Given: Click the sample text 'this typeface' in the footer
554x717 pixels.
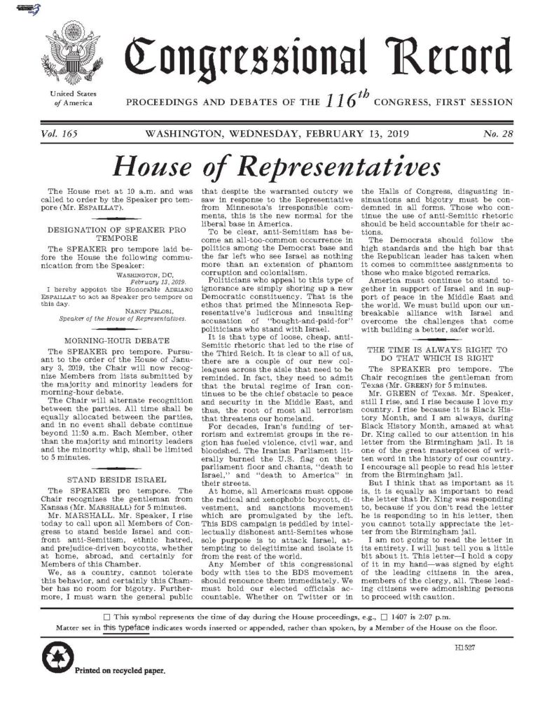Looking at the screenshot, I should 125,627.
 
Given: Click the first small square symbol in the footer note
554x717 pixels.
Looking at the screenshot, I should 106,616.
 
